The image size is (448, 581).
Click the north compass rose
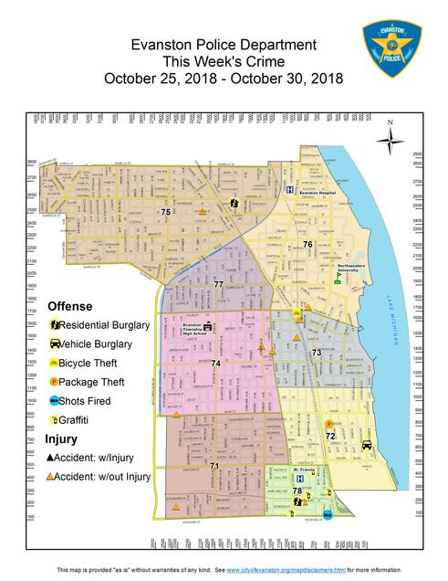tap(390, 136)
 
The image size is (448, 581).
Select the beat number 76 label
tap(308, 245)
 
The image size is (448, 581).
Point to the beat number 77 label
tap(218, 285)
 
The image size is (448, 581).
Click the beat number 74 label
tap(215, 364)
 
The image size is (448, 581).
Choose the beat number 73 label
tap(317, 352)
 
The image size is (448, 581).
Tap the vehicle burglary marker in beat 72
tap(367, 445)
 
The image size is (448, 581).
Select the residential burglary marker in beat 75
tap(234, 203)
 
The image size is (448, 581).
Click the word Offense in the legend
tap(69, 305)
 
